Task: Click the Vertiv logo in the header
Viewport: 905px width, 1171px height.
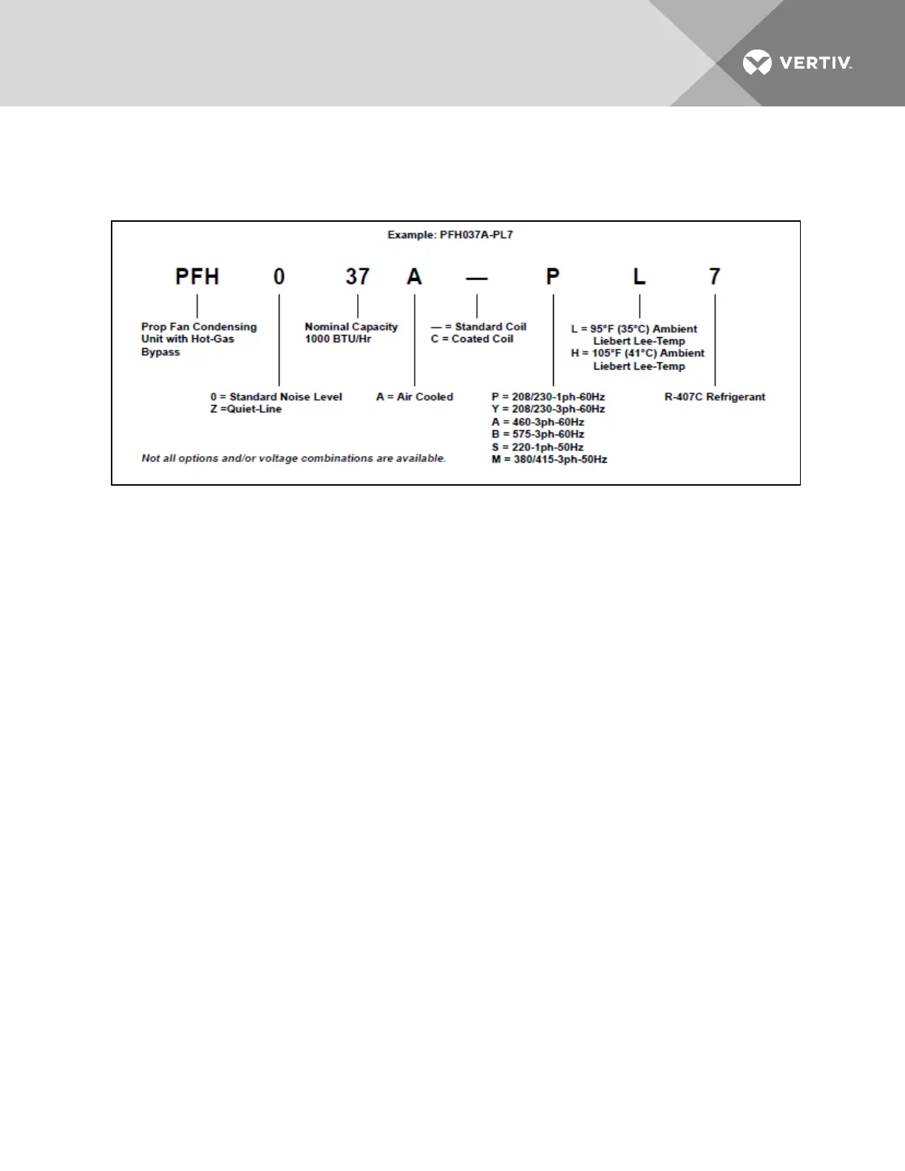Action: point(797,63)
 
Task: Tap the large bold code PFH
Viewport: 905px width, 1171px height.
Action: point(197,276)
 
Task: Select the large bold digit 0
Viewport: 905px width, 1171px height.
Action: point(279,276)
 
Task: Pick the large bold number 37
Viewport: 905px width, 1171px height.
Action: point(358,276)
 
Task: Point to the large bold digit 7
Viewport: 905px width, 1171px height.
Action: point(714,276)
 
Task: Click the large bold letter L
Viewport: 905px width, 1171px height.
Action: point(639,276)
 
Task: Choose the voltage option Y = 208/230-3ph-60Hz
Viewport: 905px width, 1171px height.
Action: point(548,409)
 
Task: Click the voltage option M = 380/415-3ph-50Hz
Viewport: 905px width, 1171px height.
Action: point(549,460)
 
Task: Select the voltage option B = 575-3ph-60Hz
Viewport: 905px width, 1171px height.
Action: point(538,434)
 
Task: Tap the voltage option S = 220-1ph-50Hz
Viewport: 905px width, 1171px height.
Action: point(538,447)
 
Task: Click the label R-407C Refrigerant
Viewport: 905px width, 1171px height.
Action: point(714,397)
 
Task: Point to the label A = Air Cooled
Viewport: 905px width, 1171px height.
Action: point(414,397)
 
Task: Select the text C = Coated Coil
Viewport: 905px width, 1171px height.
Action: point(472,339)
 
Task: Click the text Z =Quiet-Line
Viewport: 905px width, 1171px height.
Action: point(245,409)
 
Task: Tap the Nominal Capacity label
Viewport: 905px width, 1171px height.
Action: point(351,327)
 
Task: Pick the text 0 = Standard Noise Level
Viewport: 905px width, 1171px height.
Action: point(276,397)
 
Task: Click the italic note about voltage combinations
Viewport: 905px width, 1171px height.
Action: point(294,458)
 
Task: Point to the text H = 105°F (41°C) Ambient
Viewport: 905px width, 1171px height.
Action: point(637,353)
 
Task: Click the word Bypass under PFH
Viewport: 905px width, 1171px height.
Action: point(160,352)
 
